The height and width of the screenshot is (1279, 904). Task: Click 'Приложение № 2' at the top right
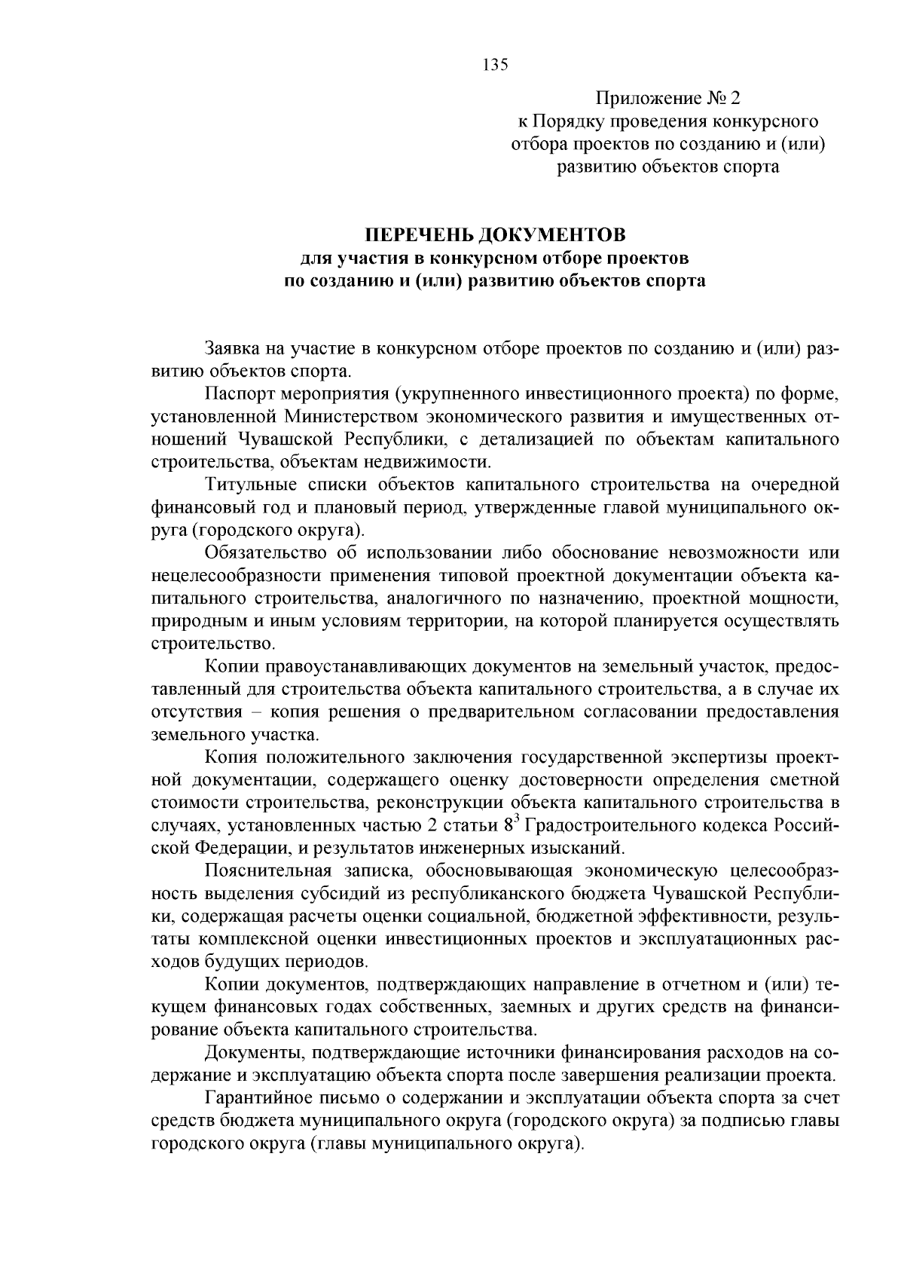pos(668,99)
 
